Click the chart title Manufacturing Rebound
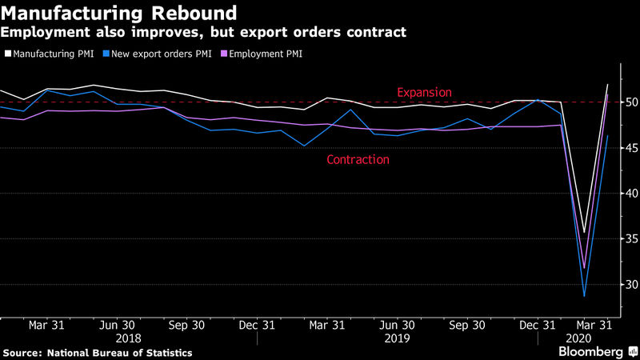pos(119,14)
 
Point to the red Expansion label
pos(425,93)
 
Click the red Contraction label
pos(358,160)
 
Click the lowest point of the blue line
pos(585,297)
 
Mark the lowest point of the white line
pos(585,233)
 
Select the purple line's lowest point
pos(585,268)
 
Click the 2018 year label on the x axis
pos(129,338)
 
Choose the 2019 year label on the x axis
pos(398,338)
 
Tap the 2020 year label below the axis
pos(578,338)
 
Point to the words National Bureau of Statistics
pos(119,352)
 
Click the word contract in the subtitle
pos(381,33)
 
